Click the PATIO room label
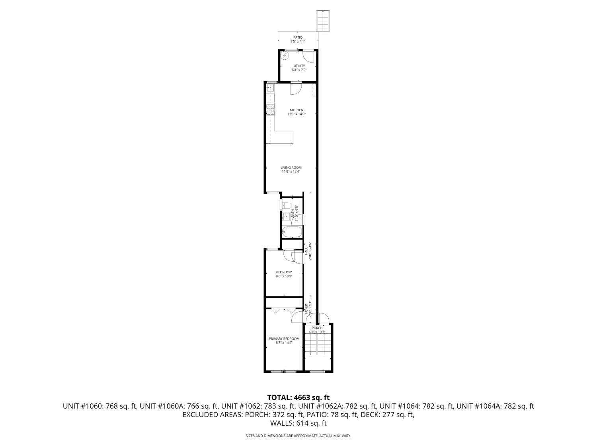coord(298,37)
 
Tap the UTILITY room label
coord(299,66)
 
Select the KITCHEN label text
coord(296,110)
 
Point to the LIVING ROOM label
coord(291,168)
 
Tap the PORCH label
coord(317,328)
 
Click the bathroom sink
coord(286,217)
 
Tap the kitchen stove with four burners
coord(271,110)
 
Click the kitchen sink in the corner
coord(270,87)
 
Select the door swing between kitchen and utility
coord(296,89)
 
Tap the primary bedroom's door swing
coord(297,317)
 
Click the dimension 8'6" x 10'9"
coord(284,276)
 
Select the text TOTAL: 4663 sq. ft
coord(298,397)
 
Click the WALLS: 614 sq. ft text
coord(298,423)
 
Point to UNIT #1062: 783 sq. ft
coord(258,406)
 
